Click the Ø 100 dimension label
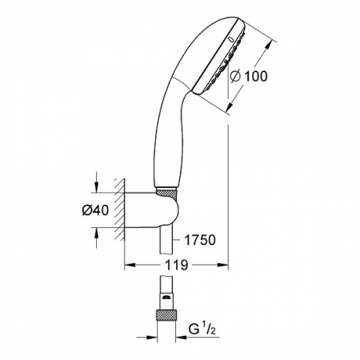249,76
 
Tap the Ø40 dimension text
95,210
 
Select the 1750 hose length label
200,240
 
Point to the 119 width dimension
177,265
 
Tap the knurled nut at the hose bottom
166,315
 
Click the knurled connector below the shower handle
166,192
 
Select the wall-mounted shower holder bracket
151,210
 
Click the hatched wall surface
120,210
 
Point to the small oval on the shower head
231,39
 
